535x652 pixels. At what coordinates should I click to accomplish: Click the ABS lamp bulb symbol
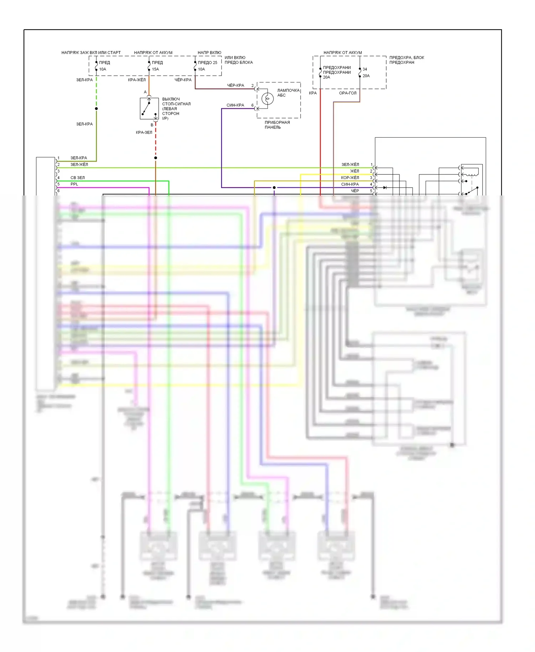tap(267, 98)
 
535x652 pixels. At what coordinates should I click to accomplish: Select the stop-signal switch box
tap(149, 108)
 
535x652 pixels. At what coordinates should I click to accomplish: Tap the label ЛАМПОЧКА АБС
tap(288, 93)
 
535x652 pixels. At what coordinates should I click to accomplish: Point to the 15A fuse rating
tap(156, 69)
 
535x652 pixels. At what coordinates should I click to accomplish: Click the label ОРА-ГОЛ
tap(347, 93)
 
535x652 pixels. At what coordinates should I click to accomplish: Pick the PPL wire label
tap(74, 184)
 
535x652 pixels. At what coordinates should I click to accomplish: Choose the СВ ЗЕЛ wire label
tap(78, 178)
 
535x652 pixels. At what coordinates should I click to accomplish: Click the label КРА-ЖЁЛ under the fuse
tap(137, 80)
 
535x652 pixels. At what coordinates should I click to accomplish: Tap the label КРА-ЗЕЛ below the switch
tap(144, 132)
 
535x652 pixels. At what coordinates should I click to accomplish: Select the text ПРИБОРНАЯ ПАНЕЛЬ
tap(277, 125)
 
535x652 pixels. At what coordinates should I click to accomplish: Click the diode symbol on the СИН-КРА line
tap(384, 188)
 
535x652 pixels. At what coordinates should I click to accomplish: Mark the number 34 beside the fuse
tap(365, 69)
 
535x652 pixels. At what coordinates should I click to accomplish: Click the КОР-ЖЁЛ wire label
tap(350, 178)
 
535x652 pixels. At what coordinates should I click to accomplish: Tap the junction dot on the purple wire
tap(274, 188)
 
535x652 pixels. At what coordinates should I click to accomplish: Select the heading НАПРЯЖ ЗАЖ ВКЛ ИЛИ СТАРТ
tap(91, 52)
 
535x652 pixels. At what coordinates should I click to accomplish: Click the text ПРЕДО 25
tap(208, 63)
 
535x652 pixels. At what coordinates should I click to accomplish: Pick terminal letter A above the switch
tap(145, 92)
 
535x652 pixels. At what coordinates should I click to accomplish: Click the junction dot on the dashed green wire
tap(96, 108)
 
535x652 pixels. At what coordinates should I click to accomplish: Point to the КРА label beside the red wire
tap(313, 93)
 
